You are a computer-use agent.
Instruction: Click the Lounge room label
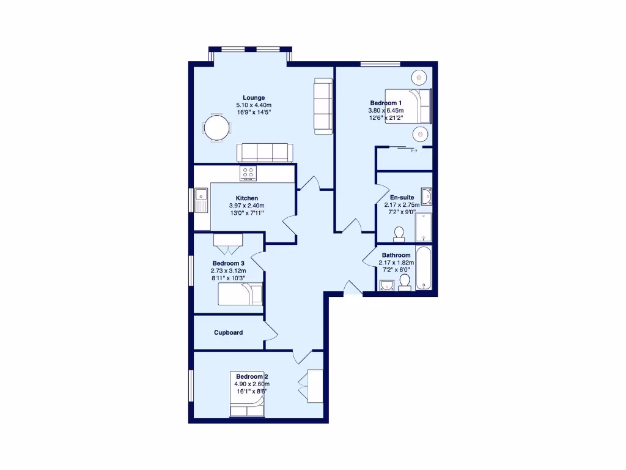pyautogui.click(x=254, y=98)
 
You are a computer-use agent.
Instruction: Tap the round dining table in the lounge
pyautogui.click(x=217, y=129)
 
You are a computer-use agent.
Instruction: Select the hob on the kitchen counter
pyautogui.click(x=249, y=173)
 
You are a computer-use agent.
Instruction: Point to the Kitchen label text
pyautogui.click(x=246, y=198)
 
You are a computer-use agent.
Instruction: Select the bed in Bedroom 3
pyautogui.click(x=240, y=294)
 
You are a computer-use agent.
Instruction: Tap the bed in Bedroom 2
pyautogui.click(x=248, y=405)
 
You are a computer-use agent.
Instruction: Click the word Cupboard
pyautogui.click(x=228, y=333)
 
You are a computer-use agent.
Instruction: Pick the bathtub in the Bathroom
pyautogui.click(x=424, y=268)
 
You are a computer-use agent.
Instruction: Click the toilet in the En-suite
pyautogui.click(x=399, y=234)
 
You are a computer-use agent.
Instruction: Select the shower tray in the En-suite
pyautogui.click(x=424, y=227)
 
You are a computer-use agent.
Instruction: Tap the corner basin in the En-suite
pyautogui.click(x=426, y=196)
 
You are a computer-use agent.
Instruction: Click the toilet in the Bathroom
pyautogui.click(x=404, y=282)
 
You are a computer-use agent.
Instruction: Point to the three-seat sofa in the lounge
pyautogui.click(x=265, y=152)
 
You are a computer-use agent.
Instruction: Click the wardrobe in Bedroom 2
pyautogui.click(x=315, y=386)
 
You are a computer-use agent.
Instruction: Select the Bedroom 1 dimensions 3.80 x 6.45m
pyautogui.click(x=386, y=111)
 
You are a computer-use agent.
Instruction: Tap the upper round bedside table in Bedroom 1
pyautogui.click(x=419, y=77)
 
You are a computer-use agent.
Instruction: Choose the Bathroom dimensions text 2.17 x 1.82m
pyautogui.click(x=396, y=263)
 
